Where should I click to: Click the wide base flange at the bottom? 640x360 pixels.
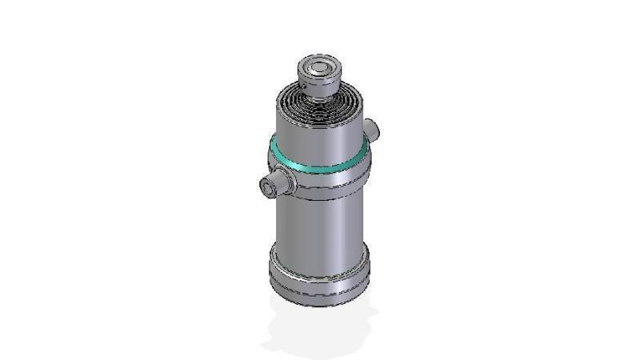tap(320, 276)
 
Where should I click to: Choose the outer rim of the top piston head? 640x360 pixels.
tap(301, 69)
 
